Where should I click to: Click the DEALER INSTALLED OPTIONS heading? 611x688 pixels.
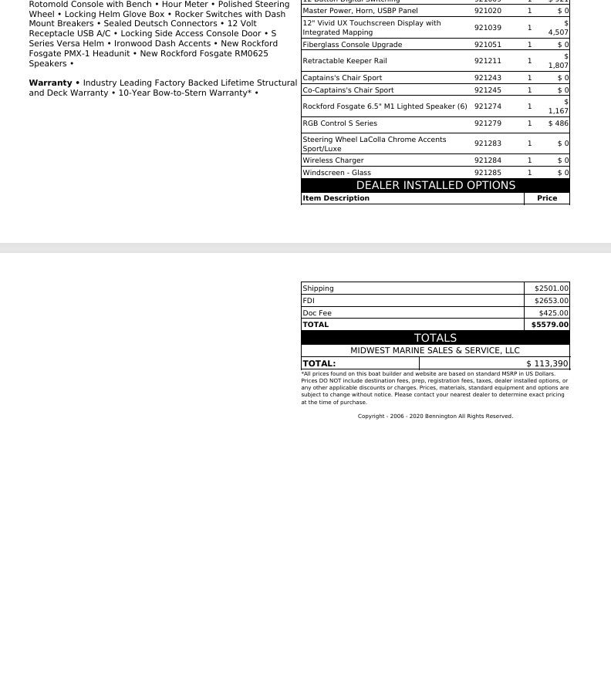[x=435, y=186]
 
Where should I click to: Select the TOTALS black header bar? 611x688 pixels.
[x=435, y=338]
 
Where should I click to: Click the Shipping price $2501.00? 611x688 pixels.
[x=551, y=288]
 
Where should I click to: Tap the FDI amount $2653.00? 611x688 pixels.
[x=551, y=301]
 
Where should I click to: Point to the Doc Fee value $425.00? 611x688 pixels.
[x=553, y=313]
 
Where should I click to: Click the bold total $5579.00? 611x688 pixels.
[x=549, y=325]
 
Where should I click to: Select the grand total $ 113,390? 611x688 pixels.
[x=547, y=363]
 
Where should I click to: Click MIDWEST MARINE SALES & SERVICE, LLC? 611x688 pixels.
[x=435, y=350]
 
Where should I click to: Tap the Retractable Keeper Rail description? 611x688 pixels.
[x=344, y=61]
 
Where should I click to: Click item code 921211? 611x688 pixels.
[x=488, y=61]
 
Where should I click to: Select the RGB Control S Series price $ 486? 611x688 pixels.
[x=559, y=123]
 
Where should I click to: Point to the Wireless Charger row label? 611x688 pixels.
[x=333, y=160]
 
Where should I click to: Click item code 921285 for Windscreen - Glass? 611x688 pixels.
[x=488, y=173]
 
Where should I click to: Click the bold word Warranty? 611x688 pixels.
[x=50, y=83]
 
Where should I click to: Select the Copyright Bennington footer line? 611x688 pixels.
[x=435, y=417]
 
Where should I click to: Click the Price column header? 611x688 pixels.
[x=547, y=198]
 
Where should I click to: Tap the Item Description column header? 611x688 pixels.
[x=336, y=198]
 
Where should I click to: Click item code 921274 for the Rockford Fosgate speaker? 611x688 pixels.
[x=488, y=106]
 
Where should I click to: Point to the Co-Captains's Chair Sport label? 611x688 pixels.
[x=348, y=90]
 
